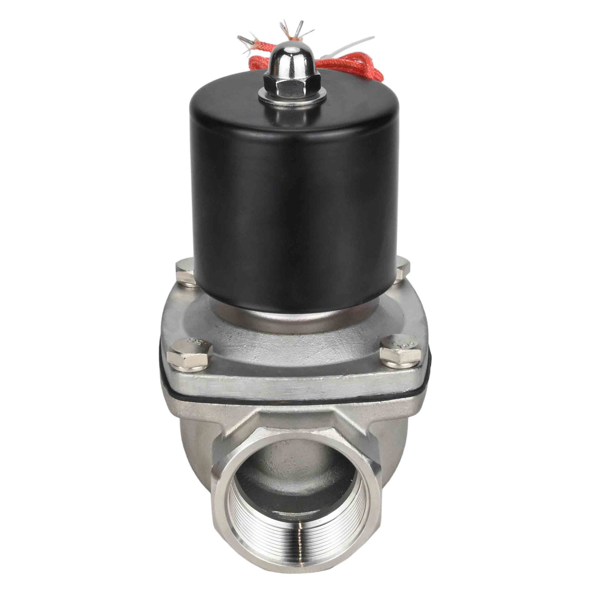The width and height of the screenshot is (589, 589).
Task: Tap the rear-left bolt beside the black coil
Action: [x=185, y=268]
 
